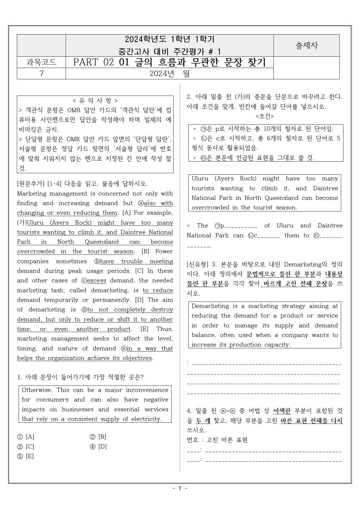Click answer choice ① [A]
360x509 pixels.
(x=26, y=437)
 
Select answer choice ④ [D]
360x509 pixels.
(x=98, y=447)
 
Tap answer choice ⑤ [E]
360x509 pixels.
(x=26, y=456)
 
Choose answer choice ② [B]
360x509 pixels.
(x=98, y=437)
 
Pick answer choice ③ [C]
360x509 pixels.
(x=26, y=447)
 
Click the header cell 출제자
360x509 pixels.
(x=306, y=46)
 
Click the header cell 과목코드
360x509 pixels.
(x=41, y=62)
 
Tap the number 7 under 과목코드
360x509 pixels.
(x=41, y=74)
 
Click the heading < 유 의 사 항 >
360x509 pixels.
(x=95, y=101)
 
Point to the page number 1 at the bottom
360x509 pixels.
(x=180, y=488)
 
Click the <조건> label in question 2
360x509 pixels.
(x=264, y=116)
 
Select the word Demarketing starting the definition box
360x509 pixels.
(x=210, y=306)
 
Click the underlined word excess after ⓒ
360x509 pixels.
(x=96, y=281)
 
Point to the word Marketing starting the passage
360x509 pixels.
(x=32, y=193)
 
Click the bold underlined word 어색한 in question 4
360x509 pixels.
(x=282, y=411)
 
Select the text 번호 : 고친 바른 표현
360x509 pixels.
(x=217, y=440)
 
